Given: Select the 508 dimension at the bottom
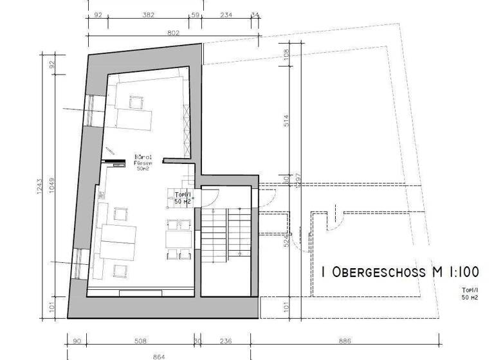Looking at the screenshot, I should point(141,341).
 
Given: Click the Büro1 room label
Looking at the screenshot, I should point(142,157).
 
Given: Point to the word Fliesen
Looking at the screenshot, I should point(142,163).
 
